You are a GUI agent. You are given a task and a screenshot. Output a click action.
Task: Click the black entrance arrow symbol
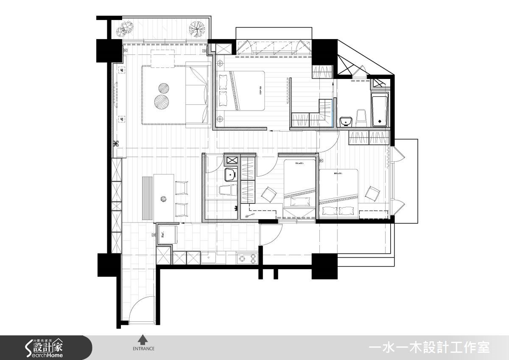[x=143, y=339]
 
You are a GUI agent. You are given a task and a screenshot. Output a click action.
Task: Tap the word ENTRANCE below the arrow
[x=143, y=349]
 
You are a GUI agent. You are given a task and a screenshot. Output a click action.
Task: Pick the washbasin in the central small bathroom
[x=230, y=174]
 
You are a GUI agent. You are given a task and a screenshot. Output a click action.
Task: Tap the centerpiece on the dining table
[x=164, y=198]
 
